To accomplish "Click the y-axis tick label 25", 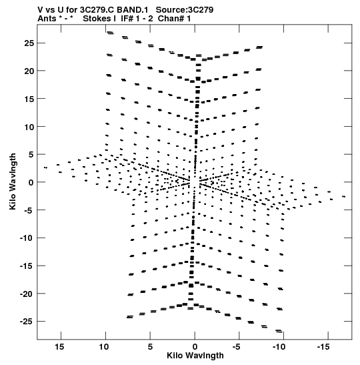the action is (x=29, y=43).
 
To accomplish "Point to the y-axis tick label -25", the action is (x=27, y=322).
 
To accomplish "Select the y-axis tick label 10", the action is (x=29, y=127).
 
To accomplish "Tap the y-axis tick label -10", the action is (x=27, y=238).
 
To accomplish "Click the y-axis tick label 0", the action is (x=31, y=183).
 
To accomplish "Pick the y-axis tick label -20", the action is (x=27, y=294).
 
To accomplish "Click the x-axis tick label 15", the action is (x=59, y=347).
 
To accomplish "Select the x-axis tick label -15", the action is (x=323, y=347).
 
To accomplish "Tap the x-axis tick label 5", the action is (x=150, y=347).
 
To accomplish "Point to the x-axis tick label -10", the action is (x=279, y=347).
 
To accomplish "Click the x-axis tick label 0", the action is (x=195, y=347).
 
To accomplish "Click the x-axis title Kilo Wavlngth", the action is (x=195, y=356).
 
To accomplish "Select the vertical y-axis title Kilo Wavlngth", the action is (x=13, y=181).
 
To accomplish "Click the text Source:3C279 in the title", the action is (x=185, y=10).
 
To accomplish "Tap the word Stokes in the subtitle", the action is (x=99, y=19).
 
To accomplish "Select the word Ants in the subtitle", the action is (x=47, y=19).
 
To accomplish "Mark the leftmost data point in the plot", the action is (x=45, y=167).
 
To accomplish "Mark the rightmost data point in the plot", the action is (x=344, y=197).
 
